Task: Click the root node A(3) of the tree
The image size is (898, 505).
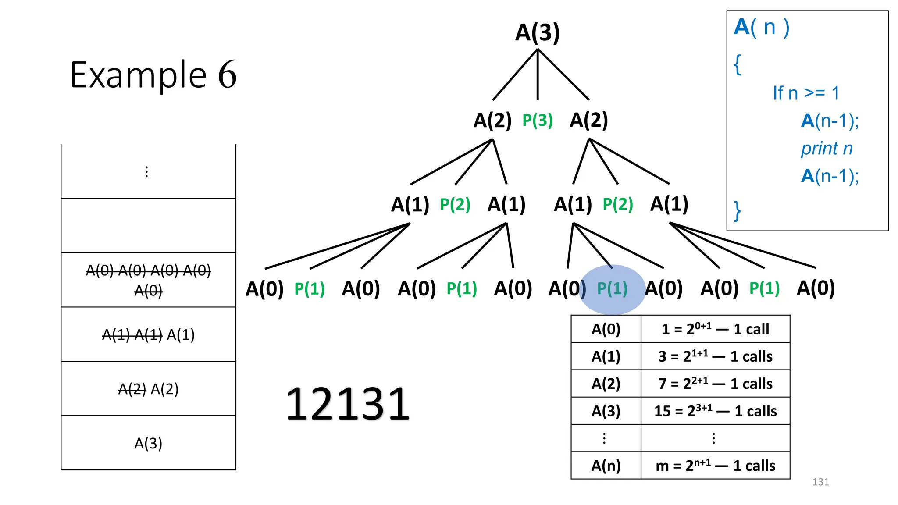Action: (538, 33)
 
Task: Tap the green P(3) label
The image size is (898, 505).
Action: (538, 120)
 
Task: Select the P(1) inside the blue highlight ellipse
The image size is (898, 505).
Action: (613, 288)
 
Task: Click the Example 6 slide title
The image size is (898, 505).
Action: (153, 75)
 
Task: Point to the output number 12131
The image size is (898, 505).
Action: (348, 404)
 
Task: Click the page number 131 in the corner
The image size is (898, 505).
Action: (820, 482)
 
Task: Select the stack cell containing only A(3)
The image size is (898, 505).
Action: (148, 443)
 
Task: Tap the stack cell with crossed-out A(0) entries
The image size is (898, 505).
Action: (148, 280)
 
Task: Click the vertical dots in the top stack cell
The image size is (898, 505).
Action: (146, 172)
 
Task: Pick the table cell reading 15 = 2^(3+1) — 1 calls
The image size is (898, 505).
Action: (715, 411)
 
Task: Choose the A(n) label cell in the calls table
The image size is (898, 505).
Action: (606, 466)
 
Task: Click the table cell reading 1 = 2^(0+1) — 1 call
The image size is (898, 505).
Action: (715, 329)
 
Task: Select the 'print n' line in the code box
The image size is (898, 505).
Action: (827, 149)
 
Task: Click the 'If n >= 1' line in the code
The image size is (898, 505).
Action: (806, 93)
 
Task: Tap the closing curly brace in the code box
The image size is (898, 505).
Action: (738, 211)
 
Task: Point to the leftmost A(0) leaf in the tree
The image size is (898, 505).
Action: (264, 289)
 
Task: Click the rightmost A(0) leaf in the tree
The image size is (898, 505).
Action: (816, 288)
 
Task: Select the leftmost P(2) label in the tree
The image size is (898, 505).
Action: (455, 205)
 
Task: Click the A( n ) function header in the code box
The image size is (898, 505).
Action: (762, 27)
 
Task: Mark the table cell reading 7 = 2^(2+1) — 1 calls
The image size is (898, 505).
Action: (715, 384)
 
